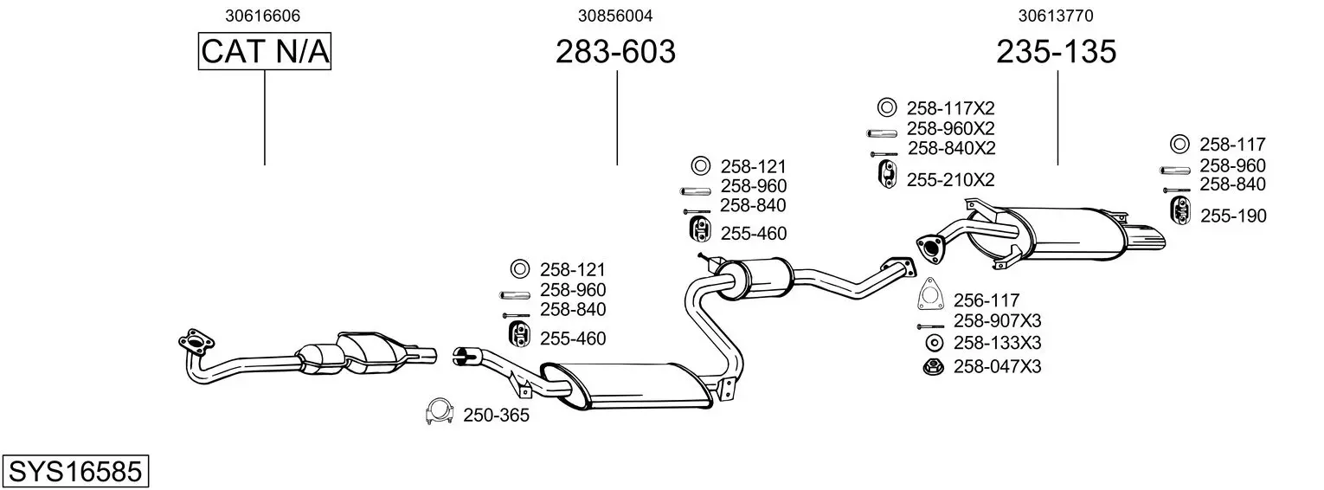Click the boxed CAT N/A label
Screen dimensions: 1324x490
tap(264, 51)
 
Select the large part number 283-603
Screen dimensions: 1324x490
tap(615, 52)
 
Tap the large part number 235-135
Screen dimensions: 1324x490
tap(1057, 52)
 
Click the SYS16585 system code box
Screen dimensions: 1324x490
tap(75, 471)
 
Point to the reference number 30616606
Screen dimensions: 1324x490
tap(262, 16)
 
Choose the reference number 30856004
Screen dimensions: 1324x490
tap(615, 16)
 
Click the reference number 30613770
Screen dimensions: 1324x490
tap(1056, 16)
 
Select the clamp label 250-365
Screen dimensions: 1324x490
tap(496, 416)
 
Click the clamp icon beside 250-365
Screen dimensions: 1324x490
tap(439, 411)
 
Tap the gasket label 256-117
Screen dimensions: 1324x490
tap(987, 300)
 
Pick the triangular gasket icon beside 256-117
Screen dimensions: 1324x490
tap(931, 293)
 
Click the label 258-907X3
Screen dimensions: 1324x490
tap(997, 321)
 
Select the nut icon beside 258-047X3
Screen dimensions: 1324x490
tap(934, 366)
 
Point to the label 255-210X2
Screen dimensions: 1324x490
tap(950, 180)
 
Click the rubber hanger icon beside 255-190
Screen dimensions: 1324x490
tap(1179, 211)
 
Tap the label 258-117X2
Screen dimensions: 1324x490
tap(950, 109)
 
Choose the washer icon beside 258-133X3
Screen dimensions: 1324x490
tap(934, 343)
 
